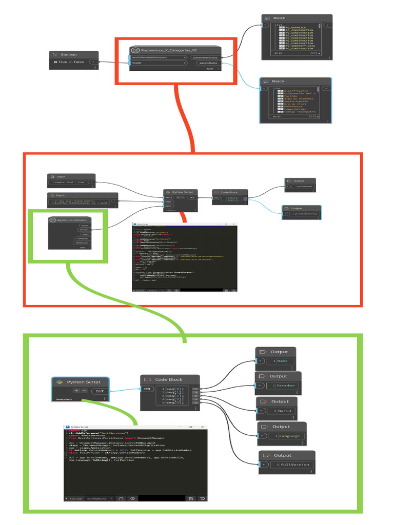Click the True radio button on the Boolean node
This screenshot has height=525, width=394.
pyautogui.click(x=56, y=62)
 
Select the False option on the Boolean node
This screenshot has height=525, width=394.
pyautogui.click(x=71, y=62)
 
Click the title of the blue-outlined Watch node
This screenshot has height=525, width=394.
pyautogui.click(x=278, y=81)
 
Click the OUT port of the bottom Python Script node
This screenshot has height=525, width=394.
pyautogui.click(x=100, y=391)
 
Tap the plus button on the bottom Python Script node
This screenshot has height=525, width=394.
pyautogui.click(x=76, y=391)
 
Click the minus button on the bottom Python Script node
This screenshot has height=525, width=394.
pyautogui.click(x=84, y=391)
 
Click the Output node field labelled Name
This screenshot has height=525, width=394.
pyautogui.click(x=282, y=361)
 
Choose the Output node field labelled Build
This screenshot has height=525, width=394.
pyautogui.click(x=283, y=411)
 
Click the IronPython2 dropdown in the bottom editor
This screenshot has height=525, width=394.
pyautogui.click(x=100, y=498)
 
